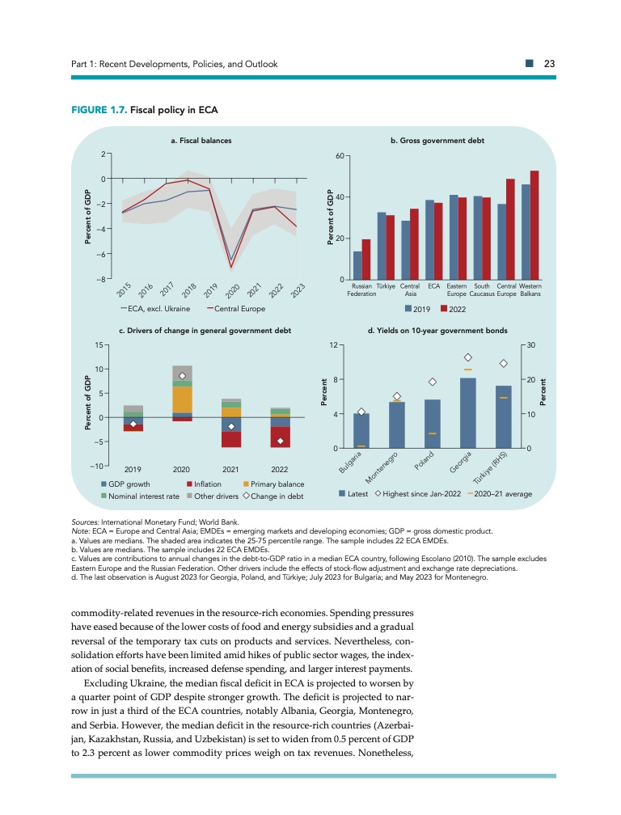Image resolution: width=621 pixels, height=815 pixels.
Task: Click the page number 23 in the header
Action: (547, 64)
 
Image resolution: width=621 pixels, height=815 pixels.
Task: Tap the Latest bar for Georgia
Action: (467, 412)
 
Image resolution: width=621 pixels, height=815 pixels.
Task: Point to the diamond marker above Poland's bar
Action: (433, 382)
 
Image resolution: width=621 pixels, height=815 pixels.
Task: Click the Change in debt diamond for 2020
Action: (183, 376)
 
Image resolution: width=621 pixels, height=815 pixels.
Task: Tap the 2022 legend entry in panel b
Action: (455, 309)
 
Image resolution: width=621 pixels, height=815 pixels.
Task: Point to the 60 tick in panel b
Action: (340, 155)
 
